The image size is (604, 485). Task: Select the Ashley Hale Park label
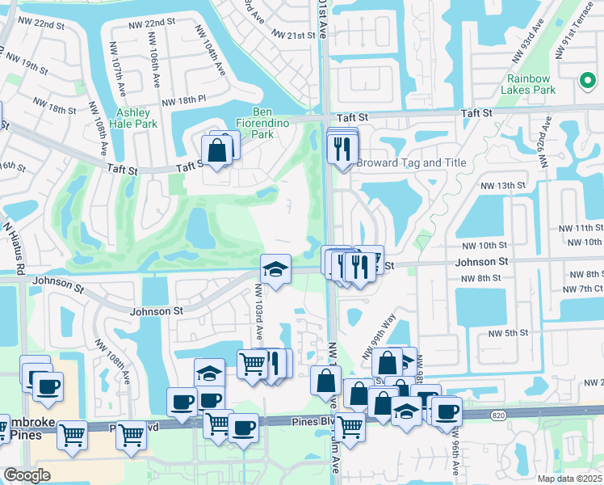tap(136, 118)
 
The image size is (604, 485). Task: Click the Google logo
tap(26, 475)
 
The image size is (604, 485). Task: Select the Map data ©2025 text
tap(570, 479)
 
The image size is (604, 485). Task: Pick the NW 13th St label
tap(518, 185)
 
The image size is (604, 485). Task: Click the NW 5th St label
tap(509, 333)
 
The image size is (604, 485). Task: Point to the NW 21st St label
tap(293, 36)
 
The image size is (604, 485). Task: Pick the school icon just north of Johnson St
tap(275, 268)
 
